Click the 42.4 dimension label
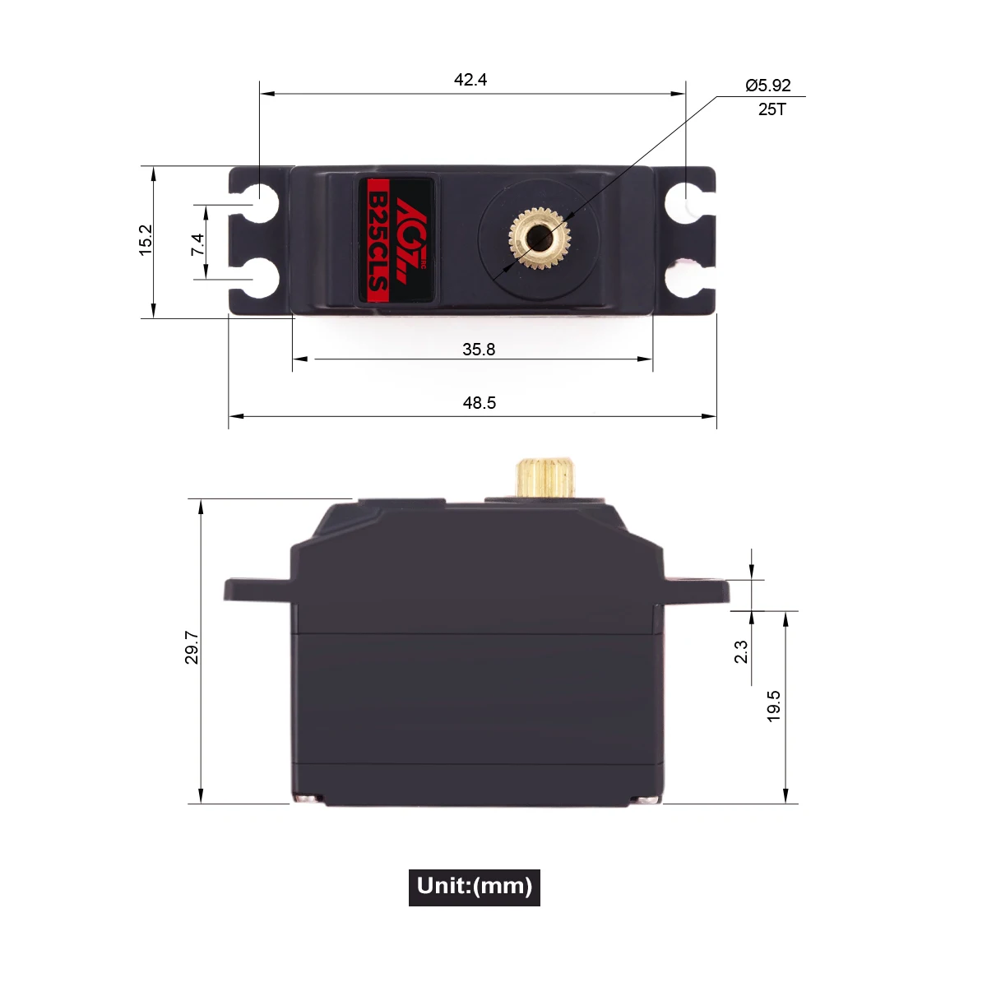(470, 80)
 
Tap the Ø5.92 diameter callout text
(767, 85)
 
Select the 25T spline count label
(772, 109)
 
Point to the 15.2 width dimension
(146, 239)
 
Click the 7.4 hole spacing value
(197, 244)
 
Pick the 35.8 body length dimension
(479, 350)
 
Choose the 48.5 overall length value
(479, 402)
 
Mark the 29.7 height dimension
(191, 647)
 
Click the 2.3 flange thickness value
(740, 651)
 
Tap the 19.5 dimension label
(773, 706)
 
